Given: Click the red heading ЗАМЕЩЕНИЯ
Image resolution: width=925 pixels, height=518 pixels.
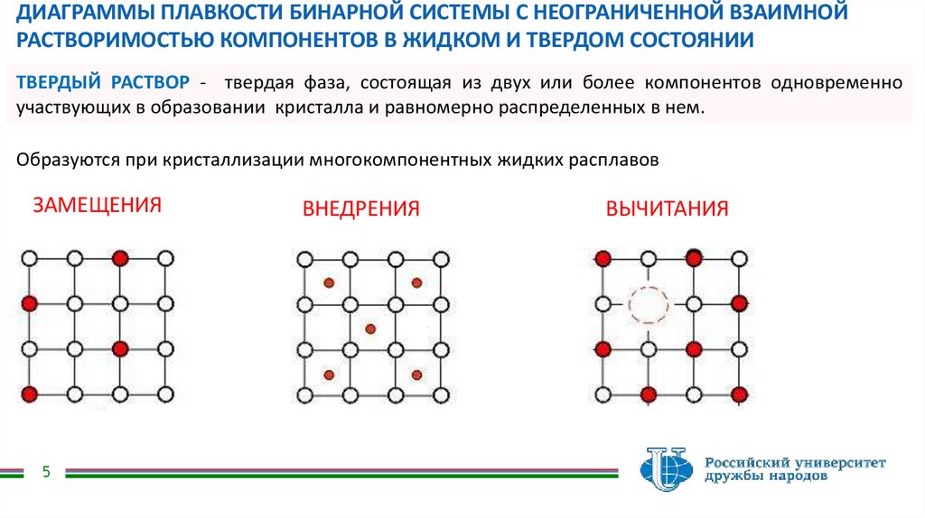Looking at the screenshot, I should (97, 205).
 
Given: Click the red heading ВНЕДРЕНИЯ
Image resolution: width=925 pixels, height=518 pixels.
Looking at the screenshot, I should (361, 209).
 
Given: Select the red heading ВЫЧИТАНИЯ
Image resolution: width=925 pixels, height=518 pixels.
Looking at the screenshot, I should (667, 209).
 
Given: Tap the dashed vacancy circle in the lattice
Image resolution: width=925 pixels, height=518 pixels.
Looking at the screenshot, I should (648, 304).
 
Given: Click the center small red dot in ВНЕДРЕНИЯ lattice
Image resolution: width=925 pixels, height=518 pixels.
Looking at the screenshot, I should (370, 328).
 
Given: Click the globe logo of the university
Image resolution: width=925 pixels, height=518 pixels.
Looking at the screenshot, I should (666, 467).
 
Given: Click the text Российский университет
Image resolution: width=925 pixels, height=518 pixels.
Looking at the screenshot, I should (796, 461).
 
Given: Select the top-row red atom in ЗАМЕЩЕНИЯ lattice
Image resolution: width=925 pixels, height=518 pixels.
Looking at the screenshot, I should (120, 259).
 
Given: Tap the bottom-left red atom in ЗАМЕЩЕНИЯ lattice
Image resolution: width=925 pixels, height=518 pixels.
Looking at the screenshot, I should (30, 393).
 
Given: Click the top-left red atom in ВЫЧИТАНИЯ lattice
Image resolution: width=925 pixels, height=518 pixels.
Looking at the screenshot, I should (603, 259).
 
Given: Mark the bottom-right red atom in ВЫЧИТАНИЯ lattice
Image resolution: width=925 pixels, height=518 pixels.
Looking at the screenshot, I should (739, 393).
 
